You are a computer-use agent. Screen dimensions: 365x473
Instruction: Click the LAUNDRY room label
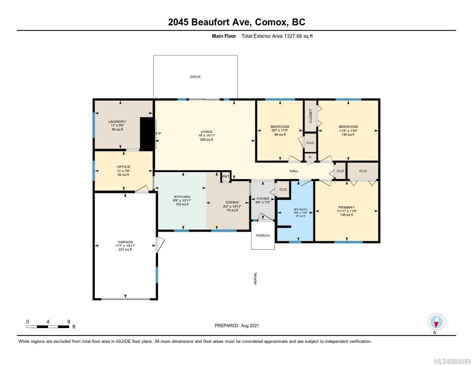[119, 122]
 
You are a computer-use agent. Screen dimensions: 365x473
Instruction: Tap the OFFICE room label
[123, 167]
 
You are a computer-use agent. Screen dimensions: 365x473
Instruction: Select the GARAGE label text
[125, 242]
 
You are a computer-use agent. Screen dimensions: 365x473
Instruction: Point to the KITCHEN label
[182, 197]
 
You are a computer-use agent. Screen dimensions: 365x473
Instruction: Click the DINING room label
[232, 202]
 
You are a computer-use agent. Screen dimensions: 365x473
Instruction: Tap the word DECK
[195, 77]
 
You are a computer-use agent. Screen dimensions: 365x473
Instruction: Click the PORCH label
[263, 235]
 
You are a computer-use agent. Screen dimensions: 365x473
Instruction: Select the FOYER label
[263, 198]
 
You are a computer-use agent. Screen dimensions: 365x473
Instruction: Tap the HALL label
[294, 171]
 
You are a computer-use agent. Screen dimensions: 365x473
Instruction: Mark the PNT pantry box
[226, 176]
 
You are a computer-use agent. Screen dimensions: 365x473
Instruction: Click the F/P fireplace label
[158, 134]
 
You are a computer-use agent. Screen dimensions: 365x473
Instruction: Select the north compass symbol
[436, 322]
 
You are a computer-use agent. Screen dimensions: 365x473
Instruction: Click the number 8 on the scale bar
[68, 321]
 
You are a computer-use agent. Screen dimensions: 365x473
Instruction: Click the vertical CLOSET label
[310, 115]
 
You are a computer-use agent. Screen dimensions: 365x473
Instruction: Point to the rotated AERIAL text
[255, 278]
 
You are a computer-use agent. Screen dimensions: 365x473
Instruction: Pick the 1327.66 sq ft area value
[294, 36]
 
